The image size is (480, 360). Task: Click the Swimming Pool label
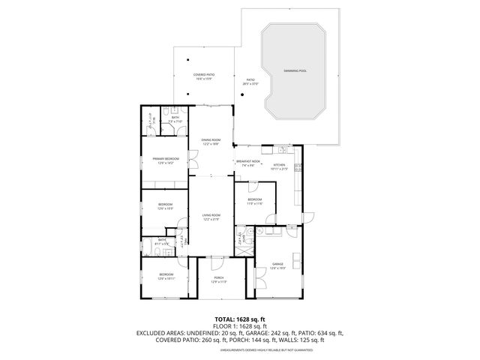295,70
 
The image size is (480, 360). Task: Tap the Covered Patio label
202,75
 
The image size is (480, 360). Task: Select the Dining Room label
211,140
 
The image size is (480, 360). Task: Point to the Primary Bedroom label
165,159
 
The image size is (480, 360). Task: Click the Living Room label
211,216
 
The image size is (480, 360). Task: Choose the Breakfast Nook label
248,161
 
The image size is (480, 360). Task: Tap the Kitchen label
279,165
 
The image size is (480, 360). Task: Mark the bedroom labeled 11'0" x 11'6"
254,199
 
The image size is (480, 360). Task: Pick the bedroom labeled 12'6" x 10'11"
166,275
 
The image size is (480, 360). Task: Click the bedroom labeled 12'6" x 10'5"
165,205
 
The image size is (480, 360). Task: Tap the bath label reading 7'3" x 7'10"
175,118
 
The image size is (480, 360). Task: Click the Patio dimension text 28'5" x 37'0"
250,84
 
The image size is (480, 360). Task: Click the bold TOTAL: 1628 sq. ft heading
240,319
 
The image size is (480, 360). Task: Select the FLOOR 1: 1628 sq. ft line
240,326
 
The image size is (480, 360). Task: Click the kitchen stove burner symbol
298,167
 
